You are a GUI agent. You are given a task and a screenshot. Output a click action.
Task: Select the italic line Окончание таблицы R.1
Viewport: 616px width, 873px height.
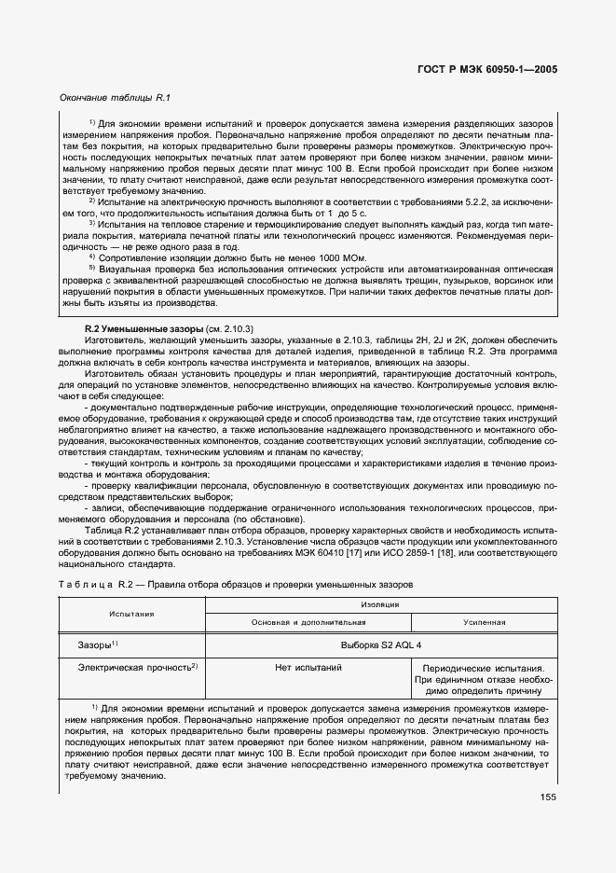pos(116,97)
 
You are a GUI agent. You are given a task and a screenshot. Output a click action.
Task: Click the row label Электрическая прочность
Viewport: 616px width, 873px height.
pos(138,668)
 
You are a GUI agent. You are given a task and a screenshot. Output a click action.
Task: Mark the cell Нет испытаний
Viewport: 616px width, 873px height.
pos(308,668)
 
